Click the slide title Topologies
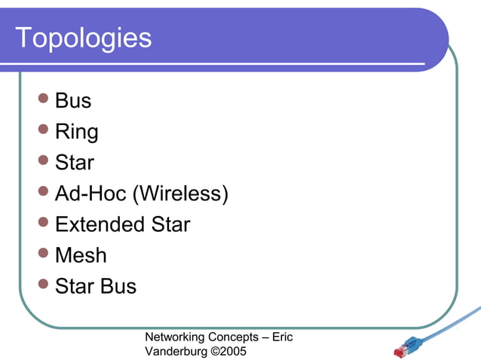(x=83, y=38)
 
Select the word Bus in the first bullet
(x=73, y=101)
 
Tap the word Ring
(x=77, y=132)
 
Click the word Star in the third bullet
(x=75, y=163)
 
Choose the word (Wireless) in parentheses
(x=180, y=194)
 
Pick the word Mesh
(x=81, y=255)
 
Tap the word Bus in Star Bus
(x=118, y=286)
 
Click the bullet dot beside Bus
(x=43, y=98)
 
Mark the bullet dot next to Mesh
(x=43, y=252)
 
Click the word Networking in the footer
(x=173, y=337)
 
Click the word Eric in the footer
(x=282, y=337)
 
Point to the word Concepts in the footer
(x=230, y=337)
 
